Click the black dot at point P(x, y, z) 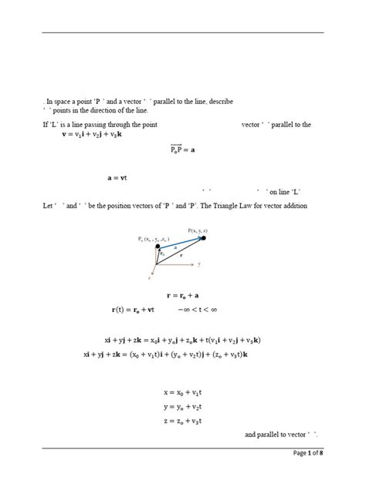(205, 237)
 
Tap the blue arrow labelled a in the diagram (183, 242)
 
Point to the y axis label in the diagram (199, 264)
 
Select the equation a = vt (117, 178)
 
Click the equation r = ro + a (183, 295)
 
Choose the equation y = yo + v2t (182, 407)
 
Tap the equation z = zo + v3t (182, 421)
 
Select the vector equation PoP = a (183, 149)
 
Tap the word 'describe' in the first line (219, 101)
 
